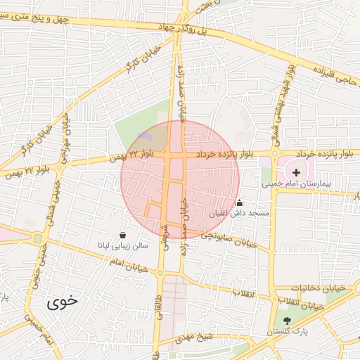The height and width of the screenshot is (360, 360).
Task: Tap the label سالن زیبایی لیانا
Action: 124,246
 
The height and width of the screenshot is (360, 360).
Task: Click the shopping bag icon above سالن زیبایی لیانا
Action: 124,236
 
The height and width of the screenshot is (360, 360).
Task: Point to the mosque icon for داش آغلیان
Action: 239,202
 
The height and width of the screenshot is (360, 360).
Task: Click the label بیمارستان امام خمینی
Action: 295,184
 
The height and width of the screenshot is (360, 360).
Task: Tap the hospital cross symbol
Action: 296,172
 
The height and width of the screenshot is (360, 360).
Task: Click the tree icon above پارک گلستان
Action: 286,320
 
